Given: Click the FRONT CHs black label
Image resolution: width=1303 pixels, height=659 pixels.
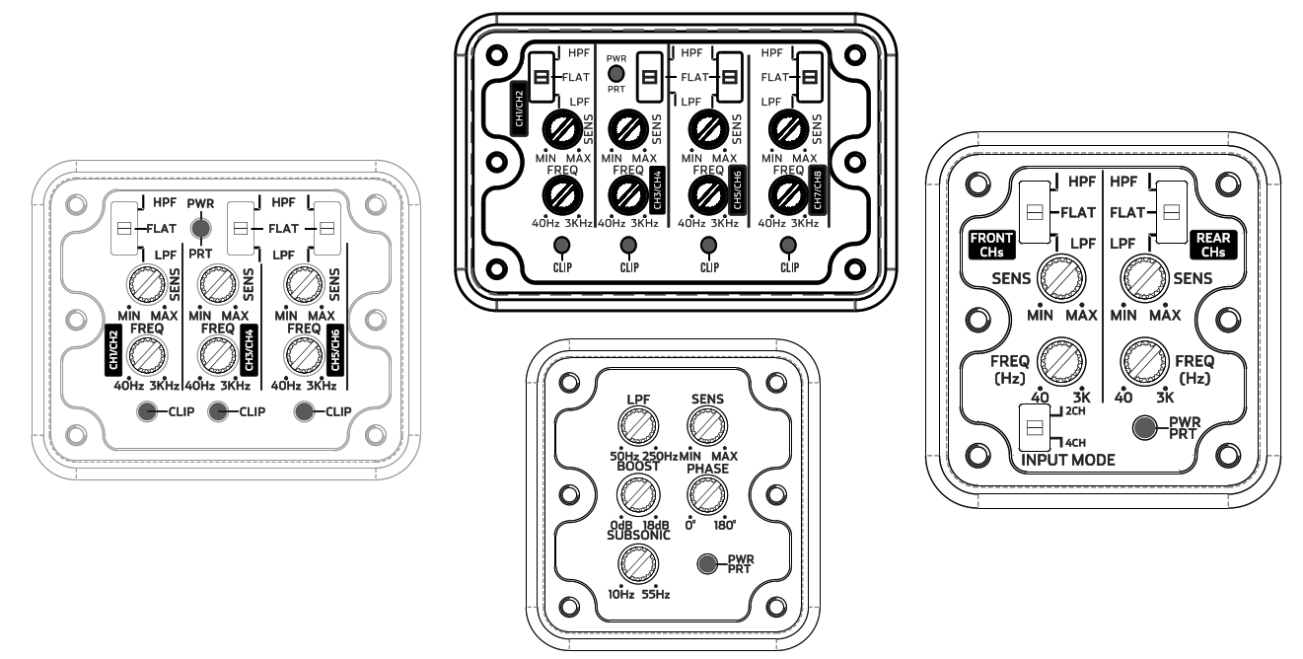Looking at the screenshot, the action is (991, 245).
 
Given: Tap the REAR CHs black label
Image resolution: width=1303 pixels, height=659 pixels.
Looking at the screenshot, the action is (1213, 245).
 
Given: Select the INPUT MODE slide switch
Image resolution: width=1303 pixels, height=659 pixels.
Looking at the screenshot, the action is (1035, 428).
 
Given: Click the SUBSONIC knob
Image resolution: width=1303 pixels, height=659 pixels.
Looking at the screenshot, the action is (638, 563).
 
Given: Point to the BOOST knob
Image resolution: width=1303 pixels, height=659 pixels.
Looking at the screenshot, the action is (638, 495).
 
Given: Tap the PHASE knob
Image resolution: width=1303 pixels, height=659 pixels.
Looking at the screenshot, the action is (707, 495).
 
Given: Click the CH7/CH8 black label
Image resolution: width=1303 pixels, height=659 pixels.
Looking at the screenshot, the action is (818, 190).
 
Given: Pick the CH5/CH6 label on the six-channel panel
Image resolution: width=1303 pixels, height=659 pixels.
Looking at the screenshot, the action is (335, 350).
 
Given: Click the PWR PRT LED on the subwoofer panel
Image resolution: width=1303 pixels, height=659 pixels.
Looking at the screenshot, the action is (707, 563).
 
